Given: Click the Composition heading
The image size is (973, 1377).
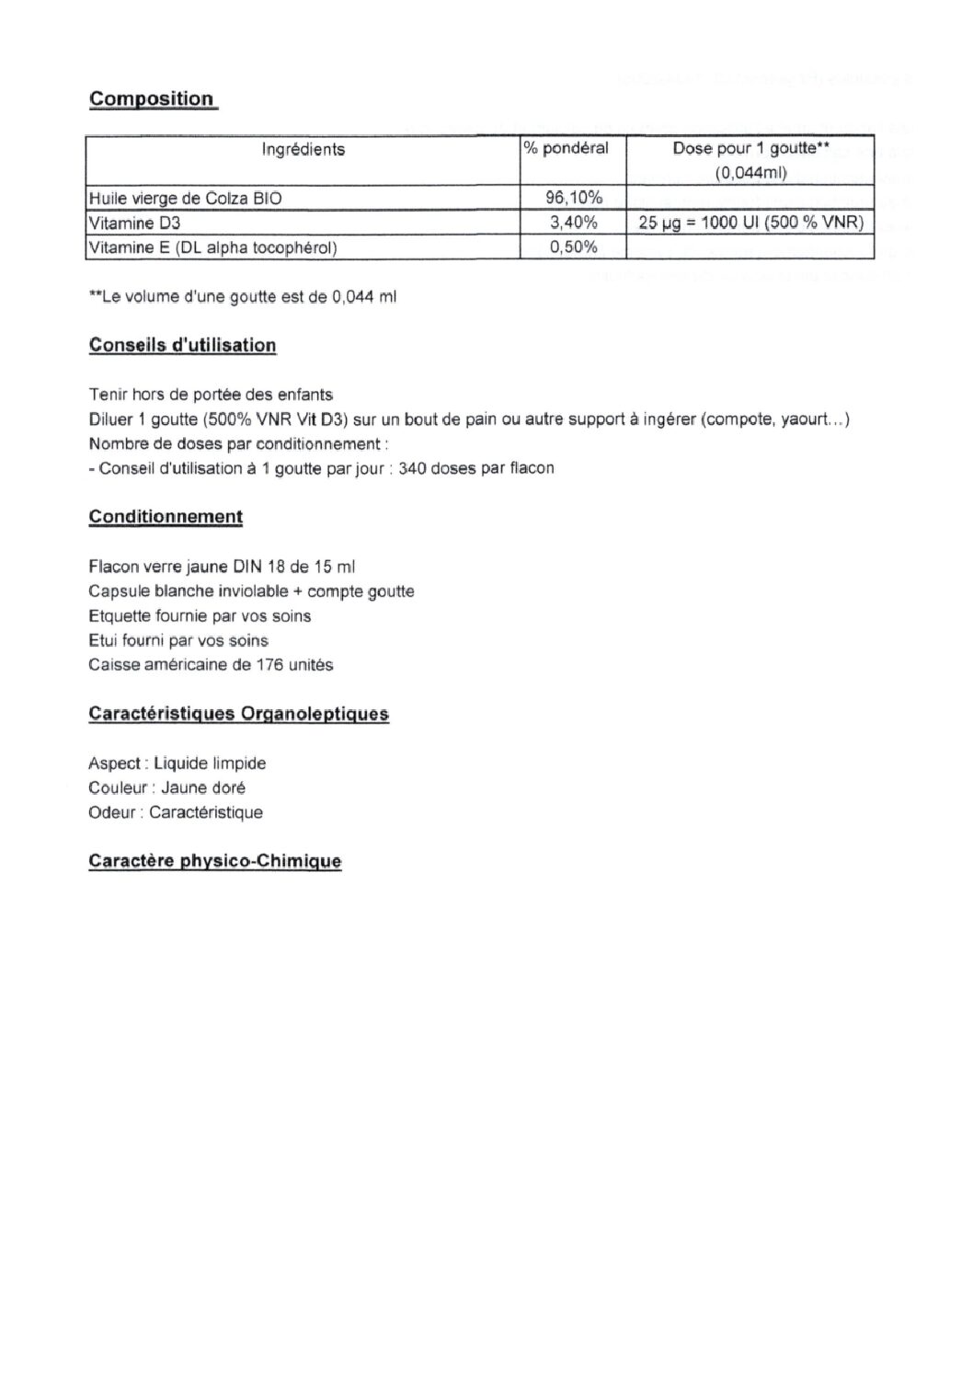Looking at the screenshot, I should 152,99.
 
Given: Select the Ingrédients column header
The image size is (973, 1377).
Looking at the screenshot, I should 303,149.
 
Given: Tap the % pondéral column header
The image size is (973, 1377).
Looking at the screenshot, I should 567,148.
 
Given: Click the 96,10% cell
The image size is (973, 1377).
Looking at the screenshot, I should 574,198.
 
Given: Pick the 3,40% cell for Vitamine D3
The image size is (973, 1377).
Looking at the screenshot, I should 574,223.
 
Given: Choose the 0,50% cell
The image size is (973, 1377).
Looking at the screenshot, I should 574,247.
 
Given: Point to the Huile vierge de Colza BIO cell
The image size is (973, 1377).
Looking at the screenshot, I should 185,198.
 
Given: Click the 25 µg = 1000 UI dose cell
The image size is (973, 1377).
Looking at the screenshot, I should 750,223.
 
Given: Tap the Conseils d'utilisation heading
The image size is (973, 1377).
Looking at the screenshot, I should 182,346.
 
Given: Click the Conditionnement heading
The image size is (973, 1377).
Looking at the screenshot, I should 166,517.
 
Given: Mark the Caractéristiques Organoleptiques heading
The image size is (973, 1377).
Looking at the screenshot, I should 238,714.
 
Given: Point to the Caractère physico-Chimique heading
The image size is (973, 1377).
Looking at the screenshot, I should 214,862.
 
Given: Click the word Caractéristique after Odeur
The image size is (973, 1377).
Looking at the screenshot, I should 205,812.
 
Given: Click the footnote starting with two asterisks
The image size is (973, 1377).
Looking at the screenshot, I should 242,297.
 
